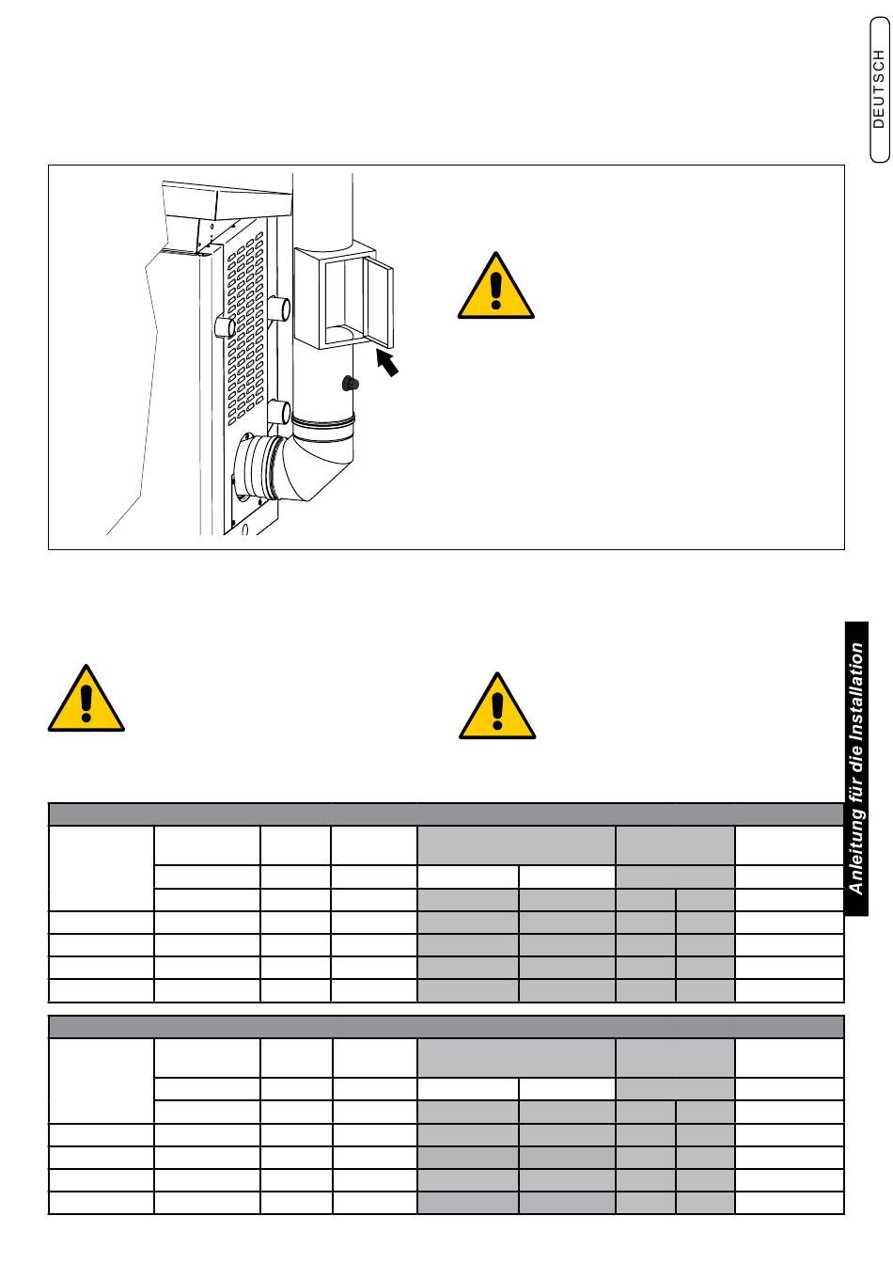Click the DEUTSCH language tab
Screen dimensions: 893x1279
point(879,89)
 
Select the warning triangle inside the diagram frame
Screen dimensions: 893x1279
point(495,286)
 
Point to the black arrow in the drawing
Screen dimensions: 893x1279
point(387,362)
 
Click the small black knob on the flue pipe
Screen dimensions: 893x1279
point(350,383)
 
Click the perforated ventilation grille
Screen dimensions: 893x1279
point(246,329)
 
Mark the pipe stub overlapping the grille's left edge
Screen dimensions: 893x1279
point(225,327)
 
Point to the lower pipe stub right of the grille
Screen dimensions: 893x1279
point(279,412)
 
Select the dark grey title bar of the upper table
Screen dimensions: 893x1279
point(446,813)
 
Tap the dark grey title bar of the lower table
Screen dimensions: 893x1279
point(446,1026)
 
